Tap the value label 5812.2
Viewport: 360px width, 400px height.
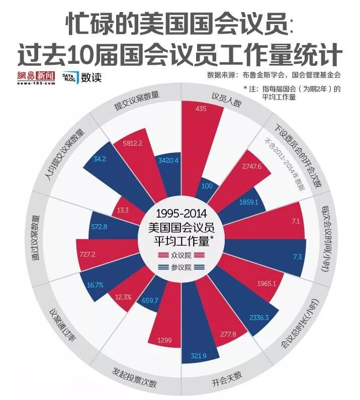(x=133, y=143)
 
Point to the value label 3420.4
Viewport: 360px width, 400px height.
(x=168, y=160)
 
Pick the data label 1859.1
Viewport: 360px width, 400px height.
(x=249, y=203)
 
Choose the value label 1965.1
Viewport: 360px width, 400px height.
(x=266, y=283)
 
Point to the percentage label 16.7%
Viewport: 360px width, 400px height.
(x=95, y=285)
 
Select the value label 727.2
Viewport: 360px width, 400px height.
(x=87, y=255)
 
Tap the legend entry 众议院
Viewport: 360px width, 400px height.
(x=182, y=255)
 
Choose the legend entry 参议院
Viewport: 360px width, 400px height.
(x=182, y=267)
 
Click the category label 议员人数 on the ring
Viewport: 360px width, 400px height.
(x=226, y=100)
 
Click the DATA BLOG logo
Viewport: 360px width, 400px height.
(x=69, y=77)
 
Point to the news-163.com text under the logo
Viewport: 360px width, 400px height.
(x=36, y=83)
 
